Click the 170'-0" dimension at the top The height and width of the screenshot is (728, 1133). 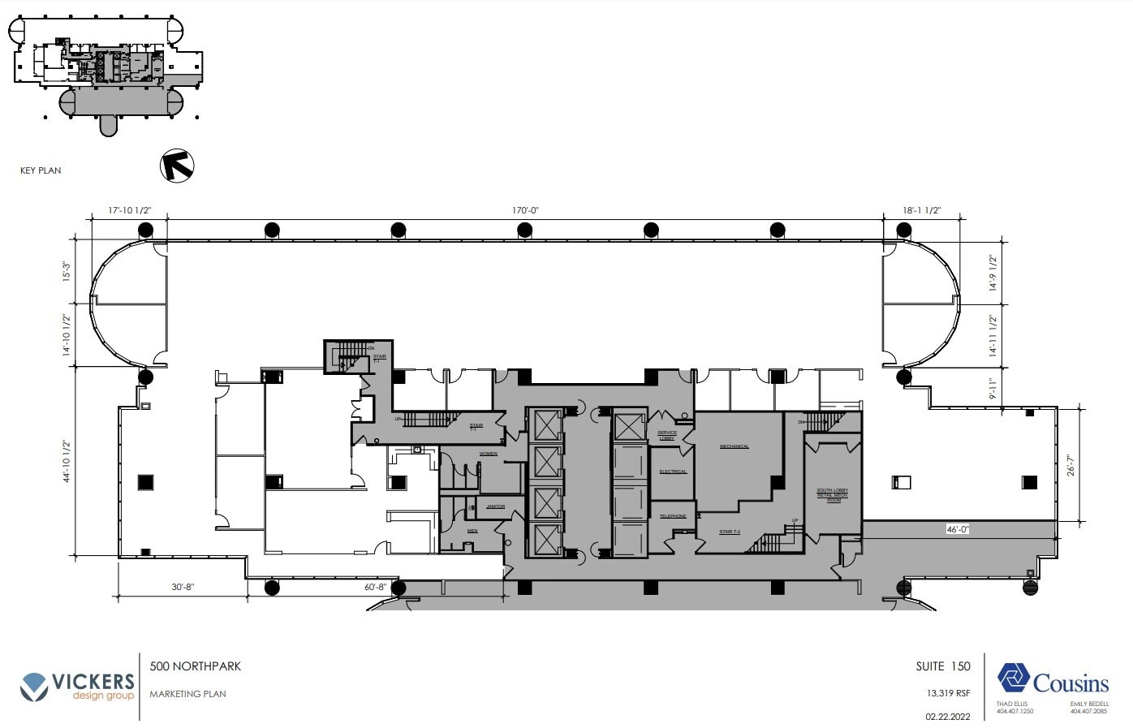pyautogui.click(x=525, y=211)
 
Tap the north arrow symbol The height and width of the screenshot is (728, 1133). pyautogui.click(x=177, y=165)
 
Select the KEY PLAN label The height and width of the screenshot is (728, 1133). pyautogui.click(x=41, y=170)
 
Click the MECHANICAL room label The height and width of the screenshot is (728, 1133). pyautogui.click(x=734, y=446)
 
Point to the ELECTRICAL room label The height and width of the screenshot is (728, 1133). pyautogui.click(x=673, y=472)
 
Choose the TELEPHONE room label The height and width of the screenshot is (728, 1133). pyautogui.click(x=673, y=516)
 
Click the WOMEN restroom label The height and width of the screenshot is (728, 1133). pyautogui.click(x=488, y=454)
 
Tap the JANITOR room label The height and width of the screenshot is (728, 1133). pyautogui.click(x=495, y=506)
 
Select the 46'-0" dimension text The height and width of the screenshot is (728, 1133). pyautogui.click(x=958, y=529)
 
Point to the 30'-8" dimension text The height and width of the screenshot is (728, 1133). pyautogui.click(x=183, y=587)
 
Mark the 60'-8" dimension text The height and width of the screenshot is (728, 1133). pyautogui.click(x=375, y=587)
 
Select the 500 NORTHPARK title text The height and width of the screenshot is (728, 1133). pyautogui.click(x=196, y=666)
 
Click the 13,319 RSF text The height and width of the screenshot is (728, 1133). pyautogui.click(x=949, y=694)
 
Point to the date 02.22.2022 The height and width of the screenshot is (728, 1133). pyautogui.click(x=947, y=717)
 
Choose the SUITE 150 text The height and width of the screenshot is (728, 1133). pyautogui.click(x=943, y=666)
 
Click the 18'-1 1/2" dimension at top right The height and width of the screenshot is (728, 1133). pyautogui.click(x=921, y=211)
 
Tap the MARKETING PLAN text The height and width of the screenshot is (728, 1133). pyautogui.click(x=187, y=694)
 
